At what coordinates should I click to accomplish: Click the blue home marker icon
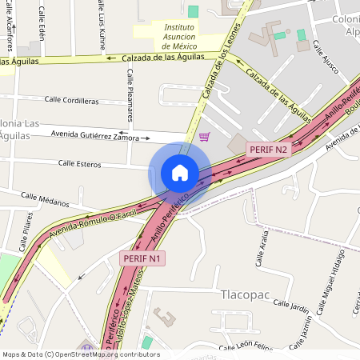(179, 173)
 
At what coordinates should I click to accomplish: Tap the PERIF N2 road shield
(268, 149)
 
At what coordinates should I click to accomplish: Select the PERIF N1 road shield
(143, 258)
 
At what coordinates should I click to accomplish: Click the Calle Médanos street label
(46, 198)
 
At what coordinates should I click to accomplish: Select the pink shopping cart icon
(205, 137)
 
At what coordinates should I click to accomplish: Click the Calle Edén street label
(41, 27)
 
